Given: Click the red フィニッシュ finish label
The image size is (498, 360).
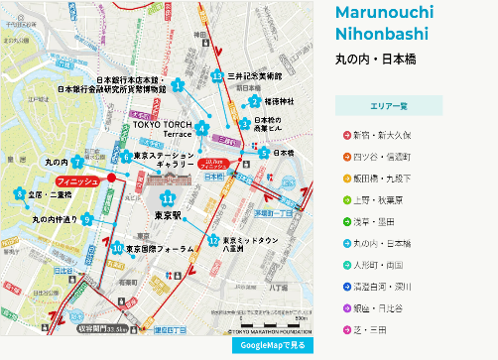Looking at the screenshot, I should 75,182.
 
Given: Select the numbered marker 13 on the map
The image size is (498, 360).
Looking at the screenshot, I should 216,76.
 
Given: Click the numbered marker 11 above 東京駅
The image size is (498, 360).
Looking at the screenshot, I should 168,198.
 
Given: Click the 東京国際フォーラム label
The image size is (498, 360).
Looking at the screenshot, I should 159,249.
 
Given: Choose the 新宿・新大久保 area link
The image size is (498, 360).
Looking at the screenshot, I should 381,133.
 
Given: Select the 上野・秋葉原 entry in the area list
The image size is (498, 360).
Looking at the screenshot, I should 382,198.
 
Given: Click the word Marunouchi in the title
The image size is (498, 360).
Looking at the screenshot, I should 384,12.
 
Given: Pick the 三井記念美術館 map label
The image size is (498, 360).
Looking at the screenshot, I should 255,76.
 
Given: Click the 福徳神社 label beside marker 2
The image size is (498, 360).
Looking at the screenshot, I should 280,101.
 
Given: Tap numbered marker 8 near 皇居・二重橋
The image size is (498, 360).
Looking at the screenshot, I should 18,194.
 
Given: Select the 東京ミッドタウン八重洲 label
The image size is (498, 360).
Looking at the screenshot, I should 247,244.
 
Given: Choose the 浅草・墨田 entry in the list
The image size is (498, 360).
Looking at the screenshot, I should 376,220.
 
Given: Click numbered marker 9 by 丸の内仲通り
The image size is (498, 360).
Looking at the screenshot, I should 87,220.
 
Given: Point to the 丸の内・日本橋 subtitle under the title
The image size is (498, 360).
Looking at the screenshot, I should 375,60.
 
